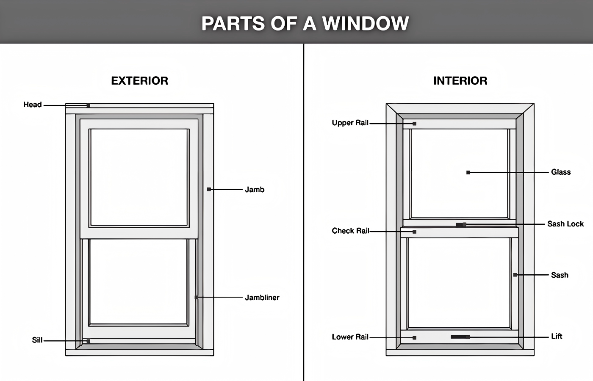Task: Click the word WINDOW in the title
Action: [366, 23]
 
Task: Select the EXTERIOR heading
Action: [139, 81]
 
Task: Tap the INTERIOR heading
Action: [460, 81]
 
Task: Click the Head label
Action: [33, 105]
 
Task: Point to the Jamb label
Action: [255, 190]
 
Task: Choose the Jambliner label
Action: [262, 298]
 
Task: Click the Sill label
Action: [37, 340]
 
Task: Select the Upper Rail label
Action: [350, 123]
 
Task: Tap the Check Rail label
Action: [350, 231]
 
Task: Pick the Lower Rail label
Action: [350, 337]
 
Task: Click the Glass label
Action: [561, 172]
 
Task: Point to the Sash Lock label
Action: [565, 224]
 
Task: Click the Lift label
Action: [557, 336]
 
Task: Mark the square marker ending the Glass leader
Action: [468, 173]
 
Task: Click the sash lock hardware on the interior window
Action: [461, 225]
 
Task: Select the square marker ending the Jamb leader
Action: [209, 189]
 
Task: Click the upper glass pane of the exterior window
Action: [139, 177]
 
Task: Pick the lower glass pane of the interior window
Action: [459, 282]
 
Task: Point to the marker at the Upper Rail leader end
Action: [414, 124]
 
